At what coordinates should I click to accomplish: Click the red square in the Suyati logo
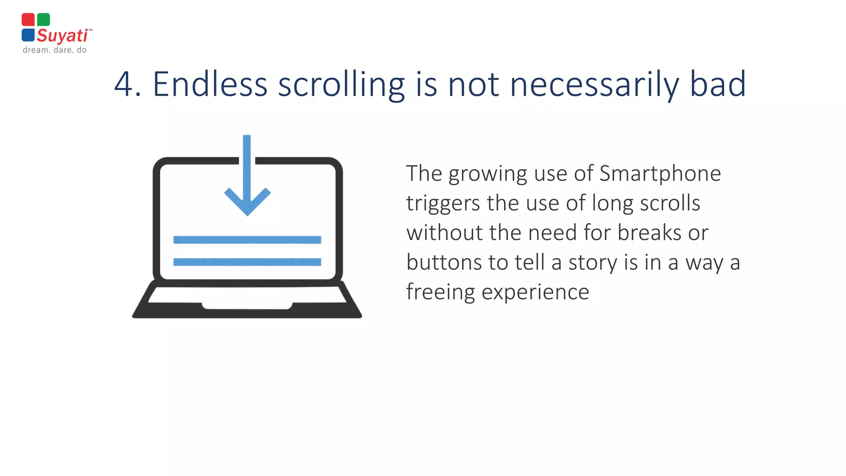28,19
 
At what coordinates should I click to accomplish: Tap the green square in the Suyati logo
43,19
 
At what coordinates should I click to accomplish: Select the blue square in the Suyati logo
28,35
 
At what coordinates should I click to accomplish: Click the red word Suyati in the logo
62,36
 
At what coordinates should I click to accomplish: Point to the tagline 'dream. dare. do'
55,50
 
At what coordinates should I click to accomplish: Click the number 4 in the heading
123,84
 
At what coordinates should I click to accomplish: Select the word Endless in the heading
210,84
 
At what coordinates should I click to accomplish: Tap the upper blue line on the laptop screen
247,240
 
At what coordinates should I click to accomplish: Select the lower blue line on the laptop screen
247,262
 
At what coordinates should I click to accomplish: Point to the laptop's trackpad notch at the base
247,306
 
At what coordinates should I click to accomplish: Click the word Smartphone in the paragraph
660,174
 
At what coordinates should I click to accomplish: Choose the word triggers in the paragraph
443,204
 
